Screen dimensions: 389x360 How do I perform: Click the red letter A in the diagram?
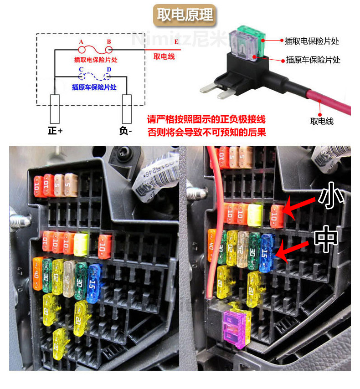coord(81,42)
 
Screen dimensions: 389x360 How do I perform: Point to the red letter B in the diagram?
coord(109,42)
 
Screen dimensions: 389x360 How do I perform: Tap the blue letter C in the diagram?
coord(81,70)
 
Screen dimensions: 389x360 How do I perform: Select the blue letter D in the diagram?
coord(109,70)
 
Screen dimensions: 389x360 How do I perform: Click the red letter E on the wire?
coord(176,42)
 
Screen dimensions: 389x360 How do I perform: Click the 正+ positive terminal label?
coord(55,131)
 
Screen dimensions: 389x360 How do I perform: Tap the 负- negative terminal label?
coord(126,131)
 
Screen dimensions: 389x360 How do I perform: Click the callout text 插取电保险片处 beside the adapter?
coord(312,41)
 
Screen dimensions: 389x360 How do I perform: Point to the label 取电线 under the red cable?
coord(322,121)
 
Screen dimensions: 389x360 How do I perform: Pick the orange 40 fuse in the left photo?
coord(37,274)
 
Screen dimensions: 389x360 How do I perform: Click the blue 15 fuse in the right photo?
coord(267,251)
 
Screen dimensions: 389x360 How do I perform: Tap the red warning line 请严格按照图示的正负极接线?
coord(206,120)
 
